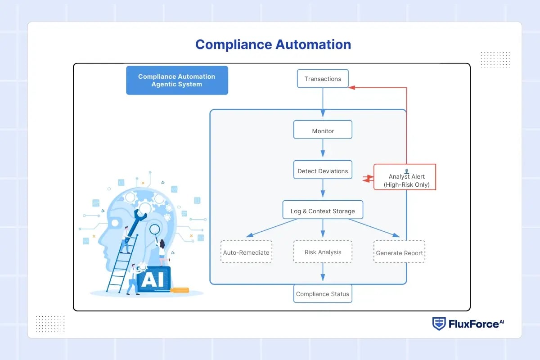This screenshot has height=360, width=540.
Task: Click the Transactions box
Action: coord(323,79)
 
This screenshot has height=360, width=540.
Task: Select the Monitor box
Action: coord(323,131)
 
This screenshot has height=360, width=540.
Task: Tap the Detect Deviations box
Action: coord(323,171)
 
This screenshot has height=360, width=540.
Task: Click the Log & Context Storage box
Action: coord(323,211)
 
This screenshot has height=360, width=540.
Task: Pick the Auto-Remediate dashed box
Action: coord(246,252)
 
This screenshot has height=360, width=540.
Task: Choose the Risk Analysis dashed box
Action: coord(323,252)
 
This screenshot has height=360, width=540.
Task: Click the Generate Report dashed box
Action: coord(399,253)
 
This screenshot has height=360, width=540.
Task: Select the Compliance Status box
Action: coord(322,294)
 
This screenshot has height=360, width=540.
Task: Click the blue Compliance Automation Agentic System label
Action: coord(177,81)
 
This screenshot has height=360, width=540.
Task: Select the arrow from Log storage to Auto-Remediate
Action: coord(270,228)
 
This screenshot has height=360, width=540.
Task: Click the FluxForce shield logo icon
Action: coord(439,324)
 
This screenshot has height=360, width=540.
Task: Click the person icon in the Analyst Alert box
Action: coord(406,171)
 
